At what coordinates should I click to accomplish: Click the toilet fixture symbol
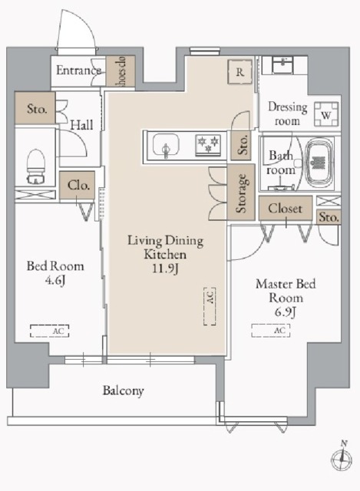pos(36,166)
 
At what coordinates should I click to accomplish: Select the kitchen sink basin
pos(166,146)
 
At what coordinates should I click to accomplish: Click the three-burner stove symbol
pos(208,145)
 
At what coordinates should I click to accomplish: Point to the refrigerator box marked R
pos(239,72)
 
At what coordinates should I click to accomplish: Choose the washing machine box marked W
pos(326,114)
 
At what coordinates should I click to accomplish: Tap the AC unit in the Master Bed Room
pos(271,331)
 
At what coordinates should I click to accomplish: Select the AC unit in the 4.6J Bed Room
pos(49,331)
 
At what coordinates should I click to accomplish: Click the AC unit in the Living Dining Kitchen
pos(210,306)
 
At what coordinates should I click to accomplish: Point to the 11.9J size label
pos(166,269)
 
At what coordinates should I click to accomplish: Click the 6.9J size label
pos(286,312)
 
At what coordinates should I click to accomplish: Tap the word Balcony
pos(124,390)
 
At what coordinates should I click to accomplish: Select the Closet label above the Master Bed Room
pos(285,209)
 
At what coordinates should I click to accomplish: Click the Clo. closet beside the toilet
pos(77,186)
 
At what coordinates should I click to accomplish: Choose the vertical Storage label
pos(242,193)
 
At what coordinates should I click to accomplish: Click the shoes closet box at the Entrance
pos(121,71)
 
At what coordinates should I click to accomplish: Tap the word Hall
pos(81,125)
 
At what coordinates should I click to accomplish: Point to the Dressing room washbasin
pos(284,65)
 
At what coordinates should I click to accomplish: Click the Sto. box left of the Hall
pos(35,108)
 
